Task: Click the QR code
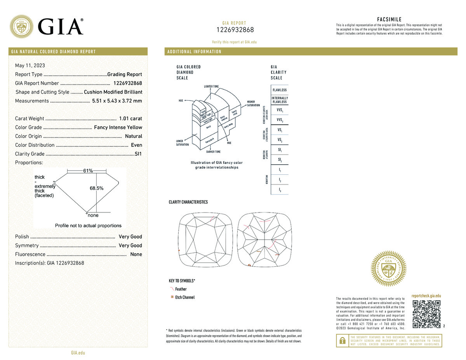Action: (426, 313)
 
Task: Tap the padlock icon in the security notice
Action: (343, 341)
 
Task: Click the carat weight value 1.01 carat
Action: (131, 118)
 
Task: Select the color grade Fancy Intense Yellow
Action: (118, 127)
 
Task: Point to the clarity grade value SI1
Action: (138, 154)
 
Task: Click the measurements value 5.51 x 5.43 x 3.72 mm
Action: (117, 101)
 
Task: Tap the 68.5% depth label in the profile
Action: (96, 188)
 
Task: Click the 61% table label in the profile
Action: (88, 171)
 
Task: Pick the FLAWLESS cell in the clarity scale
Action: (280, 90)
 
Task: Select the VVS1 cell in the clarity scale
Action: (280, 110)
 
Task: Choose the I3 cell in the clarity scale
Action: (280, 190)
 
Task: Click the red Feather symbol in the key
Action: (172, 289)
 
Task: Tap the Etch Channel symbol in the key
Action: (172, 297)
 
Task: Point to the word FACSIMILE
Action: (389, 19)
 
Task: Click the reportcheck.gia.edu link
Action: (426, 296)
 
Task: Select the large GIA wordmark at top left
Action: (61, 26)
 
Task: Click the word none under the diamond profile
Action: (93, 215)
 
